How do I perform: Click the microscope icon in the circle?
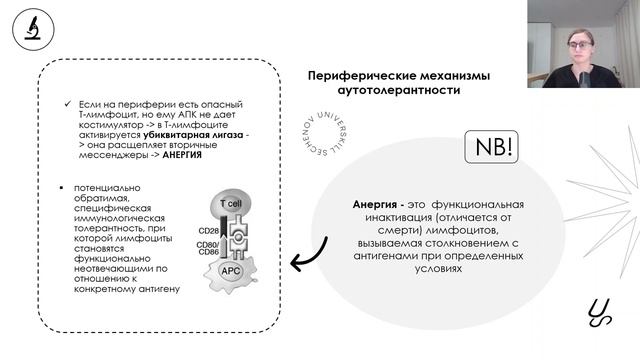coord(31,29)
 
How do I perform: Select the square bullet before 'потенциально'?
coord(62,188)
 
